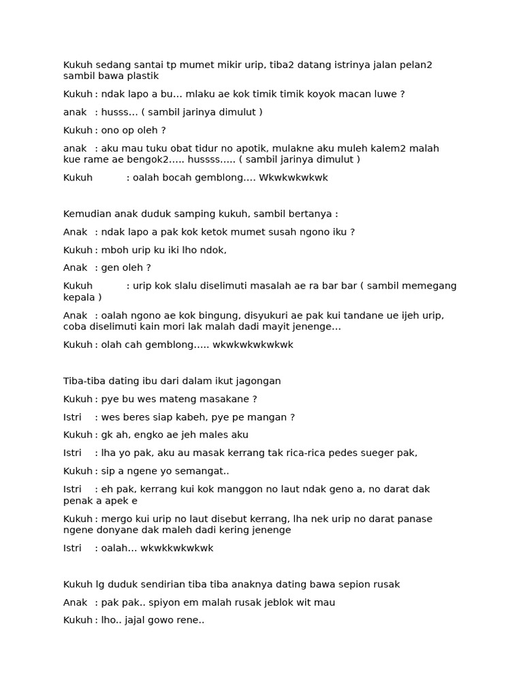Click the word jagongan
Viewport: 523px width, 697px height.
tap(255, 381)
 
